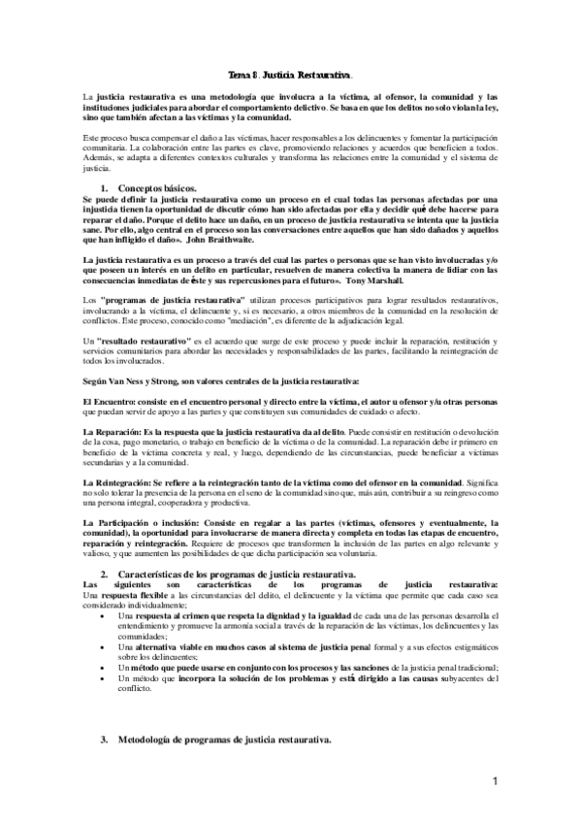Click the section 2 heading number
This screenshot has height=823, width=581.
105,576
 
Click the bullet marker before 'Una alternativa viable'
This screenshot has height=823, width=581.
104,645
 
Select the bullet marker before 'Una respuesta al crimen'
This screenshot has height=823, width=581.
104,617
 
